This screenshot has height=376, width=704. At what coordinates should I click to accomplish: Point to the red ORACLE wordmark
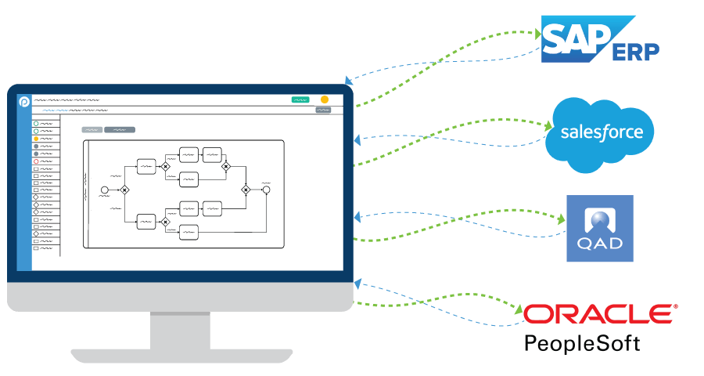coord(599,314)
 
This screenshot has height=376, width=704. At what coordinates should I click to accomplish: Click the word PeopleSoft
coord(582,343)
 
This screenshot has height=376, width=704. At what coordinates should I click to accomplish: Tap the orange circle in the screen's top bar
coord(325,99)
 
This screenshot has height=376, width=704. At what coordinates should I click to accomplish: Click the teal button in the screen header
coord(300,99)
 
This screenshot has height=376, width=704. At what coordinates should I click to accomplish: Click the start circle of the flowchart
coord(105,190)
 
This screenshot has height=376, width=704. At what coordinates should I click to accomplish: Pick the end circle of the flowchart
coord(266,190)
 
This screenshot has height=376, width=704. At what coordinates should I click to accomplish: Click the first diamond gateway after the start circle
coord(124,190)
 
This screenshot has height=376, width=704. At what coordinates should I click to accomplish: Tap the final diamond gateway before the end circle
coord(246,190)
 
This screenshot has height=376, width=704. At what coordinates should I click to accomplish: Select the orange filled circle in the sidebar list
coord(36,139)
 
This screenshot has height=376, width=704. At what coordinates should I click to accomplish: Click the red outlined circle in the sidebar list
coord(36,161)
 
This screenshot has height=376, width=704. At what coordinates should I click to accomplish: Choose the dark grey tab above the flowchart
coord(120,129)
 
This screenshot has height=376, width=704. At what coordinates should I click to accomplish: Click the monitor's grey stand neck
coord(180,330)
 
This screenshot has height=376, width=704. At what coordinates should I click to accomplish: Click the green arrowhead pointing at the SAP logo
coord(537,34)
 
